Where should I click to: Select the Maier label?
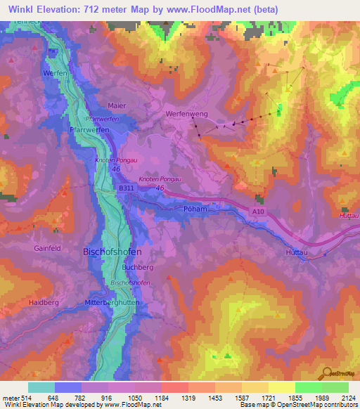click(x=117, y=105)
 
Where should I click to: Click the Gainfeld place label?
click(x=48, y=248)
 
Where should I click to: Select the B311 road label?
click(x=126, y=188)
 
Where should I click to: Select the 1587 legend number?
click(x=242, y=397)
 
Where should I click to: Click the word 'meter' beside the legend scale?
click(x=10, y=397)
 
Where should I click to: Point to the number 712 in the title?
click(x=95, y=10)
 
